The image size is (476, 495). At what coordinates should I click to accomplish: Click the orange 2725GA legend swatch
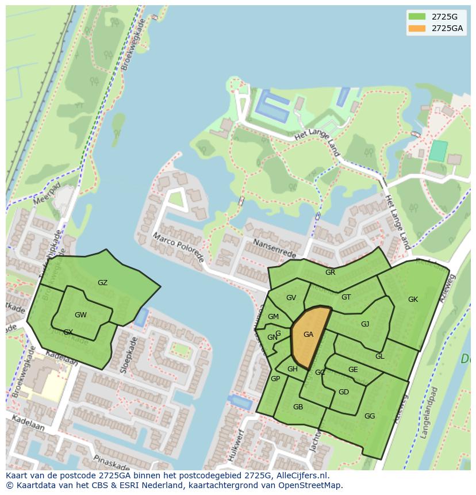(x=417, y=28)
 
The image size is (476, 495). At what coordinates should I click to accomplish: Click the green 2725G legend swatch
(x=417, y=16)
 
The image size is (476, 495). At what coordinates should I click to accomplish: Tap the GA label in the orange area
(x=308, y=335)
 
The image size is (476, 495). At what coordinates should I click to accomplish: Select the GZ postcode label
(x=102, y=282)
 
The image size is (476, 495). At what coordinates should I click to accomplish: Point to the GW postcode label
(x=80, y=314)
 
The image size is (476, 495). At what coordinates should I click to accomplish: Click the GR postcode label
(x=330, y=272)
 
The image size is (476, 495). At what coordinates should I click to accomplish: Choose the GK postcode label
(x=413, y=299)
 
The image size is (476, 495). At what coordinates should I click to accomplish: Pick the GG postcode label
(x=370, y=416)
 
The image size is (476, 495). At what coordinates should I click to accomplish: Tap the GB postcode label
(x=298, y=406)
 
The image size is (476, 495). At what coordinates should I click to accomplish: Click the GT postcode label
(x=346, y=297)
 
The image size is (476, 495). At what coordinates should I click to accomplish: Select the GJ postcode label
(x=365, y=324)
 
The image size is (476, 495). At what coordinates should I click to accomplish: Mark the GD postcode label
(x=343, y=392)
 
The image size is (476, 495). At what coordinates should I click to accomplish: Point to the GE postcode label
(x=353, y=370)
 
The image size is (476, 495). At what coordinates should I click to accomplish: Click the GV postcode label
(x=291, y=297)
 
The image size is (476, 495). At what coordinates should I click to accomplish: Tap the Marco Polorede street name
(x=178, y=247)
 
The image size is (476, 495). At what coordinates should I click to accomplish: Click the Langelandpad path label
(x=431, y=413)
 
